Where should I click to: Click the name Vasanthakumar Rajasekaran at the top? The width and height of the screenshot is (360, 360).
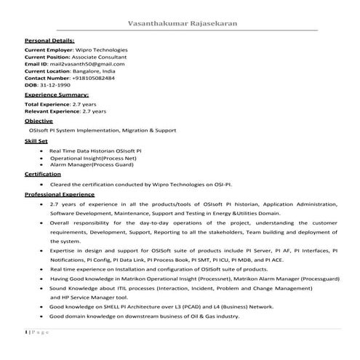[182, 23]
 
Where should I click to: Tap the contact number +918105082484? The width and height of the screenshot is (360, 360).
[95, 79]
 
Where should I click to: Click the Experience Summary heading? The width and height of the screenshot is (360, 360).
[57, 95]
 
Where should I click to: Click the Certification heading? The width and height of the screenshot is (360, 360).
[42, 175]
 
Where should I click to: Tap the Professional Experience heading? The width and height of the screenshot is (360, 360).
[60, 195]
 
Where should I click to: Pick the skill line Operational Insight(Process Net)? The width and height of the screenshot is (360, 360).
[93, 157]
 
